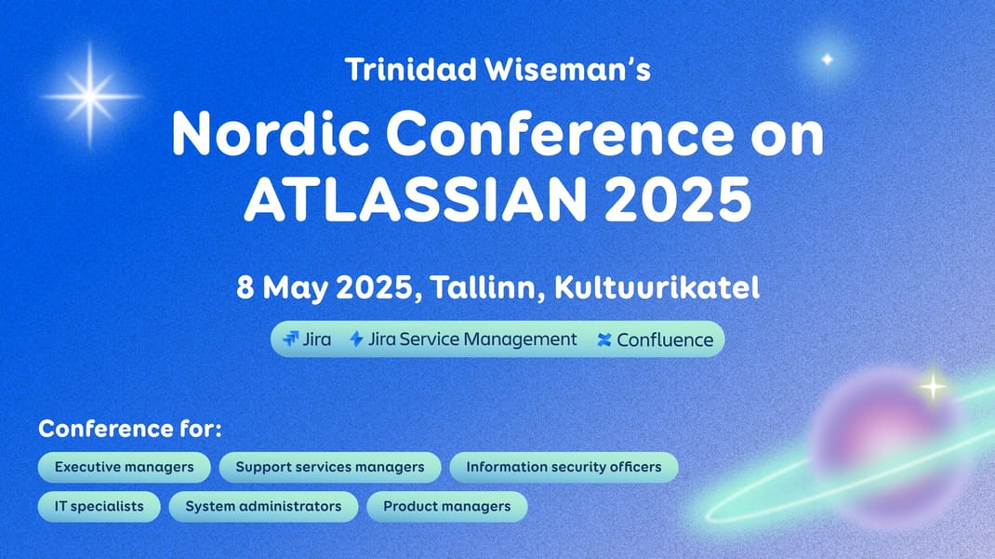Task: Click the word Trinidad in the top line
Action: coord(411,69)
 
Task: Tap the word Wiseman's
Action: coord(568,69)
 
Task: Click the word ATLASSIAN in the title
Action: coord(416,199)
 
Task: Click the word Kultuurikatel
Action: coord(657,287)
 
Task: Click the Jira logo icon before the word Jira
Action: coord(291,339)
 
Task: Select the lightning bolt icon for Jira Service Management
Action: coord(357,339)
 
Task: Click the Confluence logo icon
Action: coord(604,340)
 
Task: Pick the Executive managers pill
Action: coord(125,467)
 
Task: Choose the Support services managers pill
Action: coord(330,467)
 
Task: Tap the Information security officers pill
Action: coord(564,467)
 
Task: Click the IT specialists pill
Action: coord(99,506)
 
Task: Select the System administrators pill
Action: coord(263,506)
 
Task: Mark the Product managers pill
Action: coord(446,506)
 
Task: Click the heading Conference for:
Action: coord(130,429)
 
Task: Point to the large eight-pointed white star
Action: coord(90,97)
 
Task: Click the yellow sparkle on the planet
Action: coord(933,386)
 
